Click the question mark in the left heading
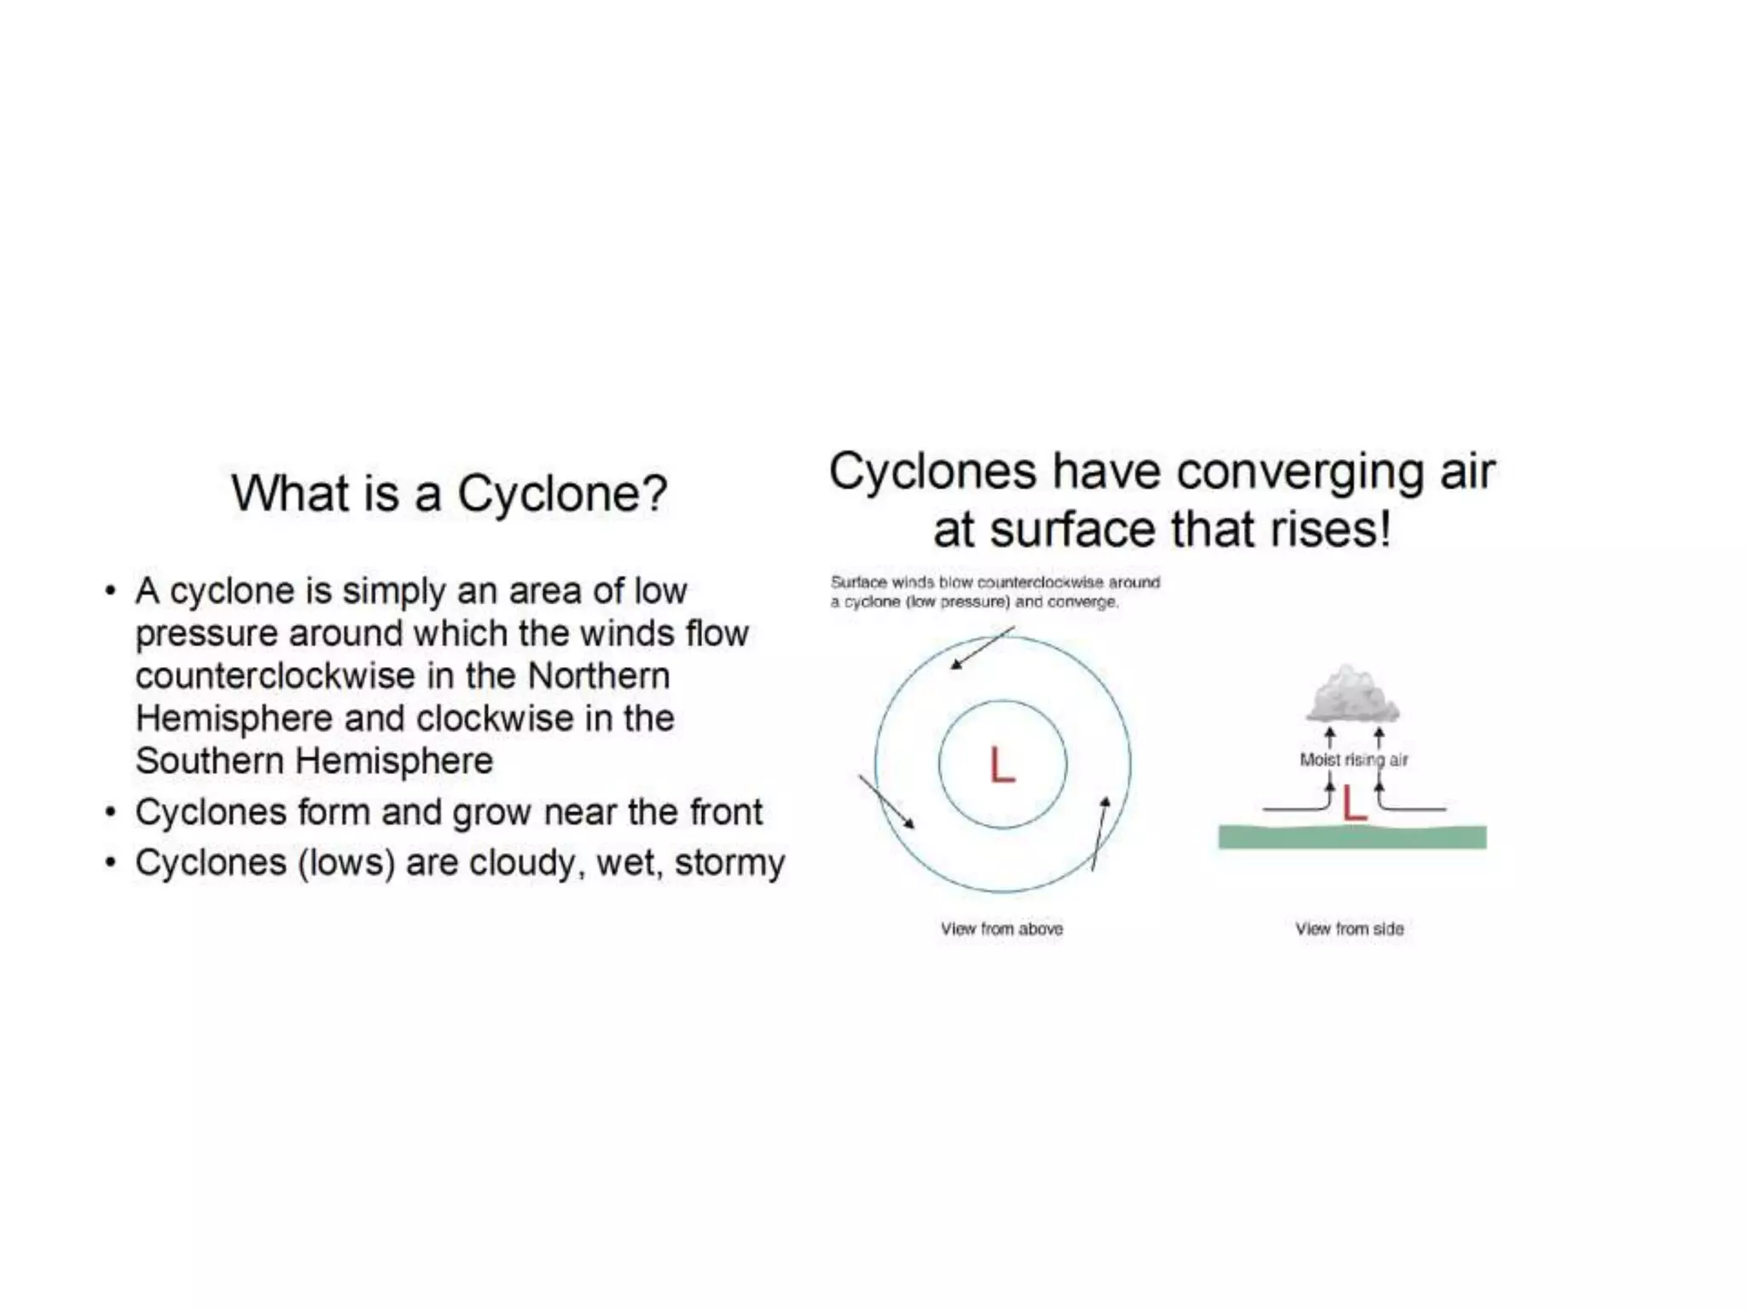(654, 493)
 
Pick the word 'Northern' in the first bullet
(599, 675)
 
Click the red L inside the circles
(1002, 765)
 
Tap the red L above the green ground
(1354, 803)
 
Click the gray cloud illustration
(1351, 695)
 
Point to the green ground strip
(1352, 838)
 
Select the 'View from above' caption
(1001, 929)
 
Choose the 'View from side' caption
(1349, 929)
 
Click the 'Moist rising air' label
(1353, 759)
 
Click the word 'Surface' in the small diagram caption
(857, 583)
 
